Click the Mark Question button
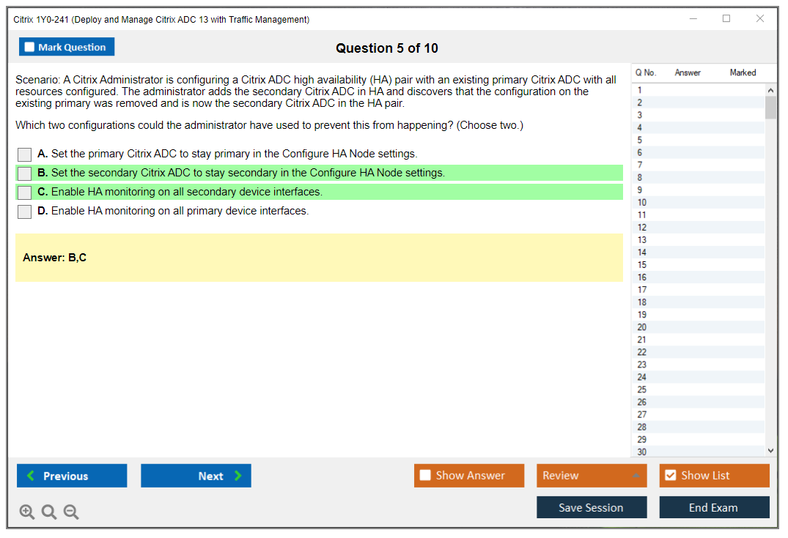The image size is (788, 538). (67, 47)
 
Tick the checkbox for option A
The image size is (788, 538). (25, 154)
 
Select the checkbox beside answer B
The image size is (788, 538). (25, 173)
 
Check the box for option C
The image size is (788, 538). (25, 193)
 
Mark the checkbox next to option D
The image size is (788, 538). (25, 212)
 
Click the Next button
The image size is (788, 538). (196, 476)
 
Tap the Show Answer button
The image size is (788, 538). (469, 475)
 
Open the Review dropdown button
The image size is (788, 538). (592, 475)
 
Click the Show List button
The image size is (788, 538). (714, 475)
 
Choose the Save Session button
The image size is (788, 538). (592, 507)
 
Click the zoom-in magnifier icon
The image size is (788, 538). (27, 512)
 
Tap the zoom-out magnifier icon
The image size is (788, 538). (71, 512)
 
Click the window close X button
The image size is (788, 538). (760, 18)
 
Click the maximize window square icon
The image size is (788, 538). (726, 18)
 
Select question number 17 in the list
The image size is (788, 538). (641, 290)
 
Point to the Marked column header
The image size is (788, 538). (743, 72)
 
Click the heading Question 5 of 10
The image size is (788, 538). (387, 48)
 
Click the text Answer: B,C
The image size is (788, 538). (55, 258)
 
